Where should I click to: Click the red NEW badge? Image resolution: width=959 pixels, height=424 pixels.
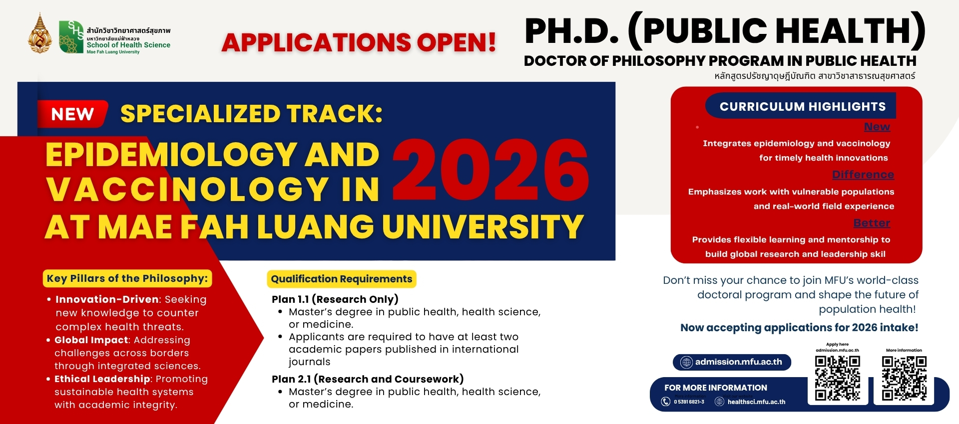[x=72, y=114]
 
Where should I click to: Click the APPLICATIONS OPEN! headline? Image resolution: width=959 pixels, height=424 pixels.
[x=359, y=42]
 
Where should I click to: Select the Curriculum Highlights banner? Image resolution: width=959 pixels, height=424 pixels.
[x=802, y=106]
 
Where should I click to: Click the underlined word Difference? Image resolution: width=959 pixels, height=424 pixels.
[x=863, y=175]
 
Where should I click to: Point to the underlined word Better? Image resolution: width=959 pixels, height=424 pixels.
[x=872, y=223]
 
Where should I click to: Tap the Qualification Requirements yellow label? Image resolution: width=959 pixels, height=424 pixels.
[x=342, y=279]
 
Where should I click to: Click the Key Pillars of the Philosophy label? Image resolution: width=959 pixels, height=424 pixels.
[x=127, y=278]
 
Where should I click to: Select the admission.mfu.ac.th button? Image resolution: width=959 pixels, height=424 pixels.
[x=732, y=362]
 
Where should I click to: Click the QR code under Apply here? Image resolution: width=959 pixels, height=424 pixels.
[x=838, y=378]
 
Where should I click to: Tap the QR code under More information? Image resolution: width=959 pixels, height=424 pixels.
[x=904, y=378]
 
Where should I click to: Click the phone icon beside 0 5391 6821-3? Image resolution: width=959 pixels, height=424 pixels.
[x=666, y=402]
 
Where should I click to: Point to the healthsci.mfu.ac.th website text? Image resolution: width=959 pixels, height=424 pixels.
[x=756, y=402]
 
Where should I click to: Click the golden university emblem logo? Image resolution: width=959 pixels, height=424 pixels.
[x=40, y=35]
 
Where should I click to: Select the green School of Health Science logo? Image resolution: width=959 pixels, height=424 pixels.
[x=71, y=37]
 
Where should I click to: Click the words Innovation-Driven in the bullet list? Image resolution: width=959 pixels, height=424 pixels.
[x=107, y=299]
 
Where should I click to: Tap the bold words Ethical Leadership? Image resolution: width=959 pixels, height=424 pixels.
[x=102, y=379]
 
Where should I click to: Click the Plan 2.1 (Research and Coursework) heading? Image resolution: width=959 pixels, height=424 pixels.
[x=368, y=379]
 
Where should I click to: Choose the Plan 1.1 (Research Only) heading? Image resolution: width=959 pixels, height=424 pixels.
[x=335, y=299]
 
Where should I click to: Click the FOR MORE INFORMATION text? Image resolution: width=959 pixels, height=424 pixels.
[x=715, y=388]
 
